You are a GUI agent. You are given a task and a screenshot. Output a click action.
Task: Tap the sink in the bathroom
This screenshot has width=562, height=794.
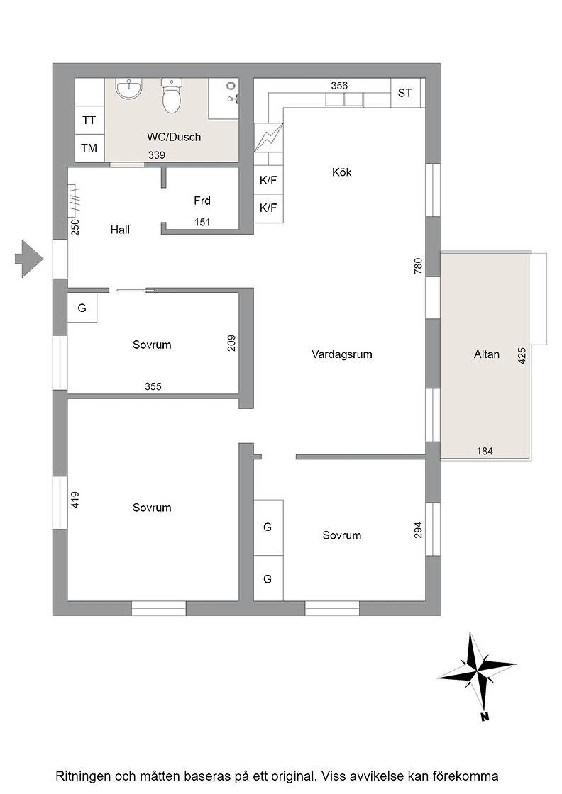(128, 89)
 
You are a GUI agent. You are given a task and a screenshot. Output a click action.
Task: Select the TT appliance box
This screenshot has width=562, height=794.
(89, 120)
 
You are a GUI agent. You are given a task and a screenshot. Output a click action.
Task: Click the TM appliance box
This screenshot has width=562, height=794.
(89, 148)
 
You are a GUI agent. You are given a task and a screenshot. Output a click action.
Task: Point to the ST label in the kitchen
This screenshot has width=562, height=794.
(405, 93)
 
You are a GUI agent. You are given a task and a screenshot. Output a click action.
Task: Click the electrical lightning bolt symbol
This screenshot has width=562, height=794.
(269, 138)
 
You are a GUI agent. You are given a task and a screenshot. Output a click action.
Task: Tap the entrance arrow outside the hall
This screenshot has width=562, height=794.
(29, 259)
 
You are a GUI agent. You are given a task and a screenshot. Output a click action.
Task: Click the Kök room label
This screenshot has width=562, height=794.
(341, 172)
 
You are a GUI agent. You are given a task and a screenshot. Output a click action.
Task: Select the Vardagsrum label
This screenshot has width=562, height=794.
(341, 354)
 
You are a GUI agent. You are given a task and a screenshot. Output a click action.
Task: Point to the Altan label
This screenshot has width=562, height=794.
(487, 354)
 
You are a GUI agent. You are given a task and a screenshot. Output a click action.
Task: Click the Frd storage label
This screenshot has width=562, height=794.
(202, 201)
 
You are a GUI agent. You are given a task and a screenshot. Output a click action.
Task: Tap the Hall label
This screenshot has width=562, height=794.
(120, 230)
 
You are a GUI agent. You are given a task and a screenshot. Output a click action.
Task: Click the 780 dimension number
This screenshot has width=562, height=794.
(418, 267)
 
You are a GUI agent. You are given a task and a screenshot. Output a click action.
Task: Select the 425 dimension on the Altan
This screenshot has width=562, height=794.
(522, 356)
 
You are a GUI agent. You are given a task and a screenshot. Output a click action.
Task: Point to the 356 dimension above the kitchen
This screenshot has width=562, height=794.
(339, 86)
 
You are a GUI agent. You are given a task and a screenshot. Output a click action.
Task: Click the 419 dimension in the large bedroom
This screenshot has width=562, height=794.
(75, 501)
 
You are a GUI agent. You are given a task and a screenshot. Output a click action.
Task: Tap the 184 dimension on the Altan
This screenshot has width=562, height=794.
(485, 451)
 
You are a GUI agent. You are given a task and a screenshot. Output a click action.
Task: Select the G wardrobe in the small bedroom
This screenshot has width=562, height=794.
(82, 308)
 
